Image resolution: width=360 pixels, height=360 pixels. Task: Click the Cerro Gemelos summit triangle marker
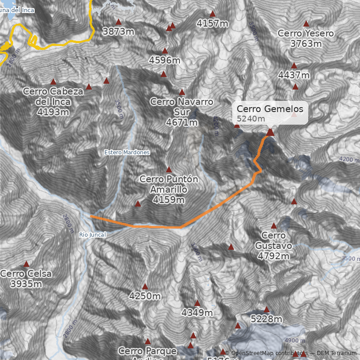click(x=270, y=132)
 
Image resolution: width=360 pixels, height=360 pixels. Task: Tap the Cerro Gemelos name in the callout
click(x=270, y=109)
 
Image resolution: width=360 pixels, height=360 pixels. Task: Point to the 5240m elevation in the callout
click(x=251, y=118)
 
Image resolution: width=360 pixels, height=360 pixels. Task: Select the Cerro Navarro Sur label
click(x=182, y=112)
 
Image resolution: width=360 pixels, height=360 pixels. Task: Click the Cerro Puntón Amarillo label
click(x=169, y=189)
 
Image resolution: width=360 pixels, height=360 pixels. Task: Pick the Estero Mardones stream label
click(x=127, y=153)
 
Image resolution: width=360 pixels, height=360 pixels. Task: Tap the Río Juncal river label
click(x=92, y=234)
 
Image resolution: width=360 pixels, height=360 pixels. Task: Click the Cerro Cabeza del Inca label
click(x=53, y=102)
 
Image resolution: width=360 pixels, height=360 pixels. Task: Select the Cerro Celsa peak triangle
click(x=26, y=264)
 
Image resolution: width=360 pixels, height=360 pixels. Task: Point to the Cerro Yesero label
click(x=306, y=38)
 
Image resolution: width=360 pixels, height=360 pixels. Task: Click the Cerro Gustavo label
click(x=274, y=246)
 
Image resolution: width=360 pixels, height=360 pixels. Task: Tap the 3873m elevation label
click(x=119, y=31)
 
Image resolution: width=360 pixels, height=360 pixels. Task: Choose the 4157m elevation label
click(x=213, y=23)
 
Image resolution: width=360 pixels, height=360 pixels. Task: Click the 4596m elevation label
click(x=165, y=60)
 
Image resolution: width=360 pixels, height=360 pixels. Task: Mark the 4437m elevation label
click(x=294, y=75)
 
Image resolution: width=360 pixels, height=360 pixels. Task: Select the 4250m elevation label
click(x=145, y=296)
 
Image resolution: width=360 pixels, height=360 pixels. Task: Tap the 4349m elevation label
click(x=197, y=312)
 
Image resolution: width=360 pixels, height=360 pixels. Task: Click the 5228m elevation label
click(x=266, y=319)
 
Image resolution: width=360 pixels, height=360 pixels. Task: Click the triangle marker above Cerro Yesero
click(x=306, y=23)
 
